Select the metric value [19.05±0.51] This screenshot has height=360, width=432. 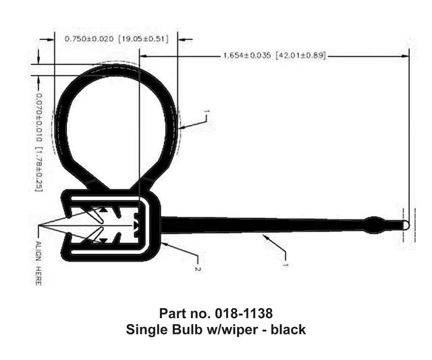click(144, 40)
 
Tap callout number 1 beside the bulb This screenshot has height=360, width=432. click(207, 113)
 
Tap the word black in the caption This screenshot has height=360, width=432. click(288, 330)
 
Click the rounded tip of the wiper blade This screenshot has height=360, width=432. click(404, 224)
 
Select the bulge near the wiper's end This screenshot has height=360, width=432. click(373, 224)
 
